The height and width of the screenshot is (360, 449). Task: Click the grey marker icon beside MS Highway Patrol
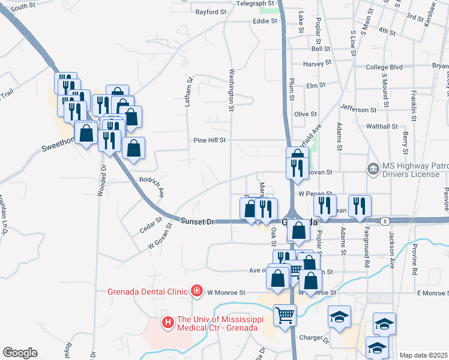pyautogui.click(x=373, y=169)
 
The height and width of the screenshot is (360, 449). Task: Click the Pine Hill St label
pyautogui.click(x=209, y=140)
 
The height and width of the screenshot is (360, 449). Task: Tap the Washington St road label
pyautogui.click(x=231, y=90)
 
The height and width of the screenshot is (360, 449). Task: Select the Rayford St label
pyautogui.click(x=211, y=11)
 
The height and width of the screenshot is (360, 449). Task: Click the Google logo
pyautogui.click(x=20, y=353)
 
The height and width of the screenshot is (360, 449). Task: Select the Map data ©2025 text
pyautogui.click(x=423, y=355)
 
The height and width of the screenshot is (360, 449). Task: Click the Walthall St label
pyautogui.click(x=382, y=127)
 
